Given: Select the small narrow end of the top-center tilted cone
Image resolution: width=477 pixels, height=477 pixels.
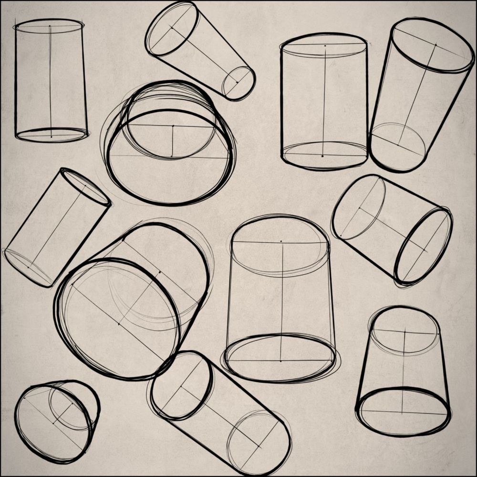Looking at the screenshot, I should coord(238,83).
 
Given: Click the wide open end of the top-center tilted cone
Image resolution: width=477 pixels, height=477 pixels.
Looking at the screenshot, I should coord(172,29).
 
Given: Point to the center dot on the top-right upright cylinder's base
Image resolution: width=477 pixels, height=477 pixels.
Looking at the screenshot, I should coord(322,156).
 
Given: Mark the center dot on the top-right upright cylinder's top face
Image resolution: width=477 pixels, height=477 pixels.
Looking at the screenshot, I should coord(325,46).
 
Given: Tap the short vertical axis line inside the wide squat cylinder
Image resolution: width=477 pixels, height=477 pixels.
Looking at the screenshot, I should coord(172,141).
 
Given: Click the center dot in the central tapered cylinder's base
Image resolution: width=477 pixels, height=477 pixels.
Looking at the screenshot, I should coord(280,361).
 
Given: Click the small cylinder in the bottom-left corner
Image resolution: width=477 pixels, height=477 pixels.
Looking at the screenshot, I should coord(56,420).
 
